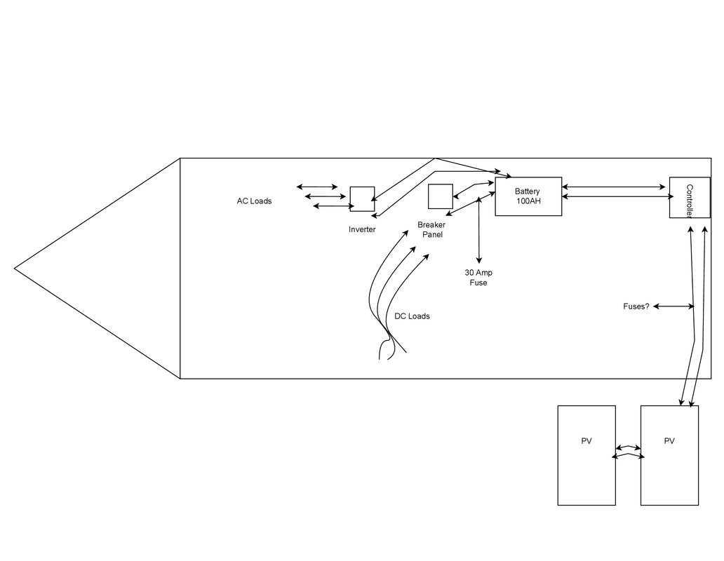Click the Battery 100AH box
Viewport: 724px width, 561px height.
click(528, 196)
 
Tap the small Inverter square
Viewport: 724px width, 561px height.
click(362, 198)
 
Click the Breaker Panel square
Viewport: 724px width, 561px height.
click(440, 196)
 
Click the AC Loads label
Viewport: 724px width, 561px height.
click(254, 201)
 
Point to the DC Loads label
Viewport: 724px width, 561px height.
click(412, 316)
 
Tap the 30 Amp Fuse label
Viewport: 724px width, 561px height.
click(478, 278)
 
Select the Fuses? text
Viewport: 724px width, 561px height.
click(636, 306)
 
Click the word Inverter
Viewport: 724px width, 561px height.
click(362, 229)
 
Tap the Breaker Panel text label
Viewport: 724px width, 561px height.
click(431, 230)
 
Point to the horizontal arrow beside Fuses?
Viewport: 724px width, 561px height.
click(673, 306)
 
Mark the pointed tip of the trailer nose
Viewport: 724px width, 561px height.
click(15, 268)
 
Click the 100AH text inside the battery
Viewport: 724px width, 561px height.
click(528, 201)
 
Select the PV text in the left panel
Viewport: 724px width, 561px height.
click(586, 441)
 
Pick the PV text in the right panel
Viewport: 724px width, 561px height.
click(669, 441)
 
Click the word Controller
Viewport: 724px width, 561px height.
click(690, 201)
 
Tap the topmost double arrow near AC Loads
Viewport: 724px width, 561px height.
click(317, 187)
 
